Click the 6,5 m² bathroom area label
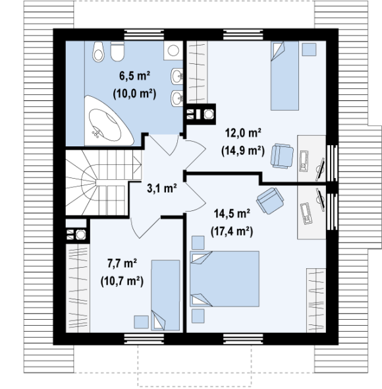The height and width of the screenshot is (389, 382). (x=134, y=76)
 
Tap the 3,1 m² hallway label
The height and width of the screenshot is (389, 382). (x=162, y=188)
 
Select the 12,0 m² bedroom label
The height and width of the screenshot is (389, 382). (x=243, y=133)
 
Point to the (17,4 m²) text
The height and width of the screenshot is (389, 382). (x=232, y=231)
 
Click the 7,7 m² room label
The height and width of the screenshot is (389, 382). (x=123, y=263)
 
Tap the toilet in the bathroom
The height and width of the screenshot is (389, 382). (x=117, y=51)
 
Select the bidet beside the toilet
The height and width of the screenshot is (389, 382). (x=98, y=51)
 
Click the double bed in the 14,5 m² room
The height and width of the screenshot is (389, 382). (x=225, y=279)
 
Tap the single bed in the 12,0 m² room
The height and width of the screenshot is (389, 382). (x=285, y=76)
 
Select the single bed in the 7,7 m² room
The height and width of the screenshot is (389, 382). (x=165, y=295)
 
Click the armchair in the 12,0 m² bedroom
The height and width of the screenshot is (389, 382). (x=282, y=156)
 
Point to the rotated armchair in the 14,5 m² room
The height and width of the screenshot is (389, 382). (x=270, y=200)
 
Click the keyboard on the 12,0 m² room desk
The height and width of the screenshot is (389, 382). (x=304, y=161)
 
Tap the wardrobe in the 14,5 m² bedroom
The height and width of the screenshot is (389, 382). (x=316, y=300)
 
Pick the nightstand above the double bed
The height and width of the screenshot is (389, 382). (x=198, y=243)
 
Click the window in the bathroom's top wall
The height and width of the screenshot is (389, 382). (x=144, y=35)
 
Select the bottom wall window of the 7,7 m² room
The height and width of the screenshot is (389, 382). (x=144, y=339)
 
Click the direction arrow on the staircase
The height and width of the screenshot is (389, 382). (x=137, y=164)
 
